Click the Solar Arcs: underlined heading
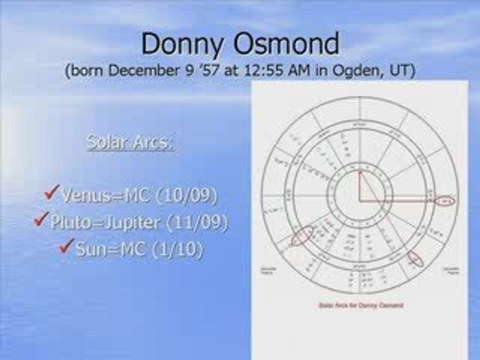point(130,142)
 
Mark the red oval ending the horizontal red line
point(444,201)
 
